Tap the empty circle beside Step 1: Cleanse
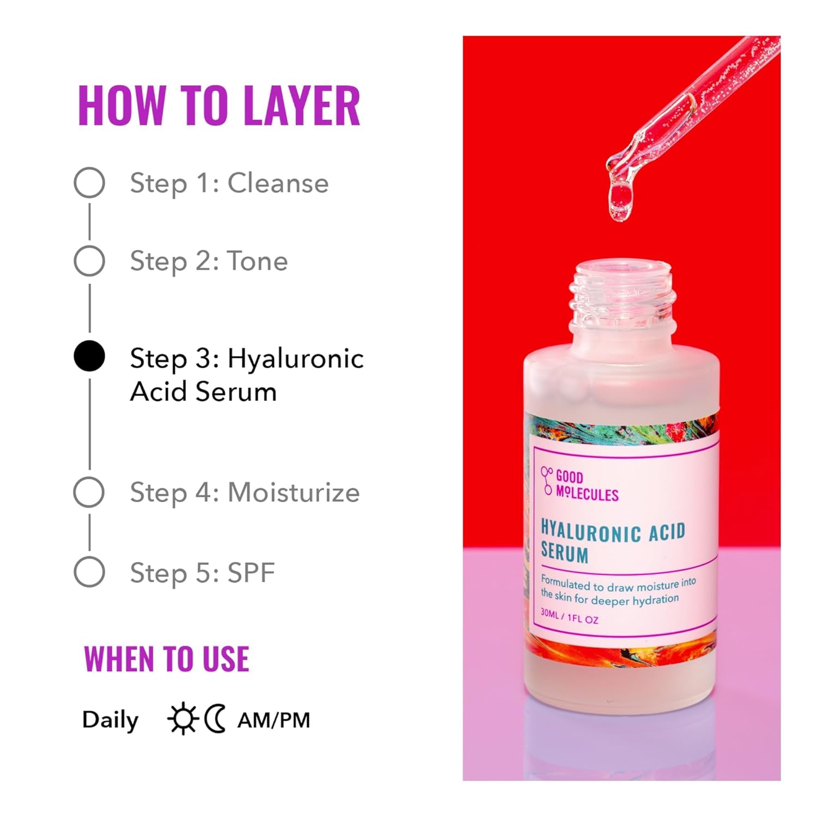89,182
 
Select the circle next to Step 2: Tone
89,261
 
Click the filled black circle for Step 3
89,356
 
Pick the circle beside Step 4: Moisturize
89,492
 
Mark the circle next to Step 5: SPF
89,572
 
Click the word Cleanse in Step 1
278,183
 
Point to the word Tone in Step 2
257,261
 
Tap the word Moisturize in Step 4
294,493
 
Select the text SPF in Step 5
251,573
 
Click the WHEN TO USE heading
167,659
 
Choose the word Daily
111,720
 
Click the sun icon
182,719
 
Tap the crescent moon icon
215,719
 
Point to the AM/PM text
274,720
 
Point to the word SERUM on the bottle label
565,553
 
